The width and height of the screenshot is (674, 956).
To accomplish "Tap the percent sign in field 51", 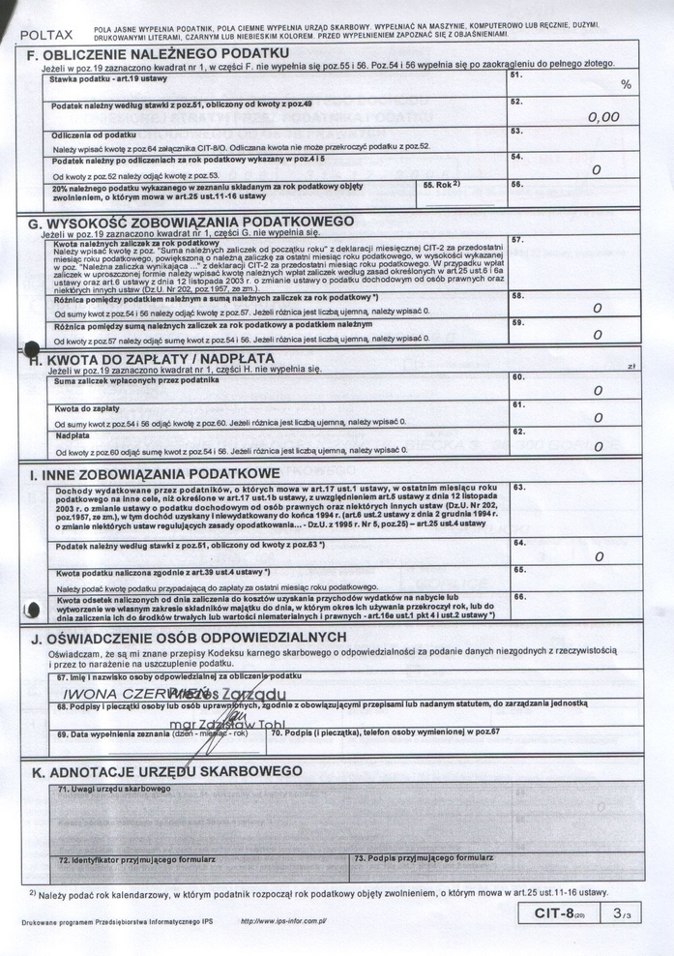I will pyautogui.click(x=626, y=85).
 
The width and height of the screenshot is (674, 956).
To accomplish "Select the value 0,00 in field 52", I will pyautogui.click(x=603, y=116).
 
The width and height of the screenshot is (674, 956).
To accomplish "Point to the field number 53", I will pyautogui.click(x=516, y=131).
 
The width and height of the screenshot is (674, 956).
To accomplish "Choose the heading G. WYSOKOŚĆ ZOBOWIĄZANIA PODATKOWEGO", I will pyautogui.click(x=192, y=222).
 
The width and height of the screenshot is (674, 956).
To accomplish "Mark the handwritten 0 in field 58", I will pyautogui.click(x=598, y=308).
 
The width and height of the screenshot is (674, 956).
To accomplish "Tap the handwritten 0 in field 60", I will pyautogui.click(x=598, y=391).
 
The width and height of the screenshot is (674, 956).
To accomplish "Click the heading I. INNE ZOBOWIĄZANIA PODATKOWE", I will pyautogui.click(x=155, y=474).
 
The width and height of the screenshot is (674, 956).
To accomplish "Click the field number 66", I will pyautogui.click(x=519, y=597).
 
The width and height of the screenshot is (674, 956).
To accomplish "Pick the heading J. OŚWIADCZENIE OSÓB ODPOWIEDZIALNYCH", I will pyautogui.click(x=188, y=638).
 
